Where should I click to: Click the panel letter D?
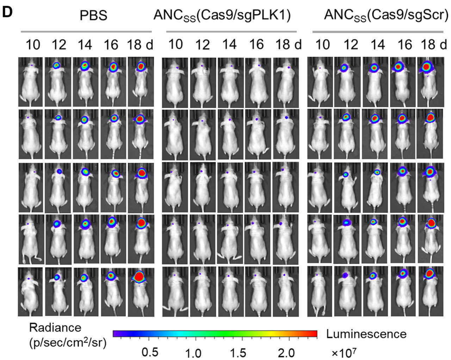pos(8,12)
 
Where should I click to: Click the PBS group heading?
pos(93,16)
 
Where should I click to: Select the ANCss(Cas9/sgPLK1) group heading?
pos(222,16)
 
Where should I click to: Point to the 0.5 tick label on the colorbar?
pos(150,352)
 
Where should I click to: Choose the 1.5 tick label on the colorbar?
pos(241,353)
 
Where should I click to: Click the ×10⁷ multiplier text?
pos(341,352)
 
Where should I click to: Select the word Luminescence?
pos(366,334)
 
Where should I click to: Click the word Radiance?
pos(50,328)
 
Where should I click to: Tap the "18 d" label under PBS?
pos(140,45)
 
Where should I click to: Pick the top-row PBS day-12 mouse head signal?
pos(56,65)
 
